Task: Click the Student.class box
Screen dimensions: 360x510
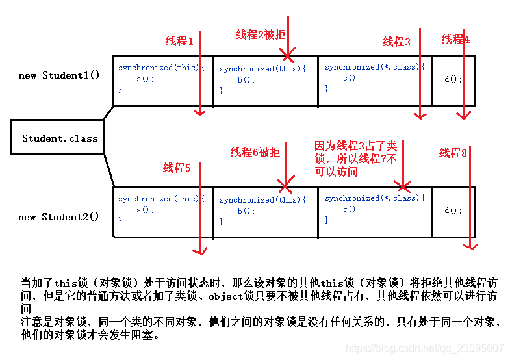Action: tap(59, 138)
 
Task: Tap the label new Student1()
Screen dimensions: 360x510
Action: tap(59, 75)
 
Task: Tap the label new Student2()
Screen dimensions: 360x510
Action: tap(58, 217)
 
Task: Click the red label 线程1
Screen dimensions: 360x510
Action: tap(180, 41)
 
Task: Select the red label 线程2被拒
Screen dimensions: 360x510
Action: tap(260, 34)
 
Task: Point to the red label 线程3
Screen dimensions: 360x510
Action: tap(396, 42)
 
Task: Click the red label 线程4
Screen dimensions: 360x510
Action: tap(455, 39)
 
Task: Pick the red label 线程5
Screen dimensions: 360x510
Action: tap(177, 168)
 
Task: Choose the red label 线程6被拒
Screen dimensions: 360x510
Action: tap(255, 152)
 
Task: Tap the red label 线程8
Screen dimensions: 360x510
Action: tap(453, 153)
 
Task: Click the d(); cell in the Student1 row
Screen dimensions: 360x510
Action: tap(453, 79)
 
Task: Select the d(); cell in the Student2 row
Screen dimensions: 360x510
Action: tap(453, 211)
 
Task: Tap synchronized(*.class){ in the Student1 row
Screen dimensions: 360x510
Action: tap(375, 67)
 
